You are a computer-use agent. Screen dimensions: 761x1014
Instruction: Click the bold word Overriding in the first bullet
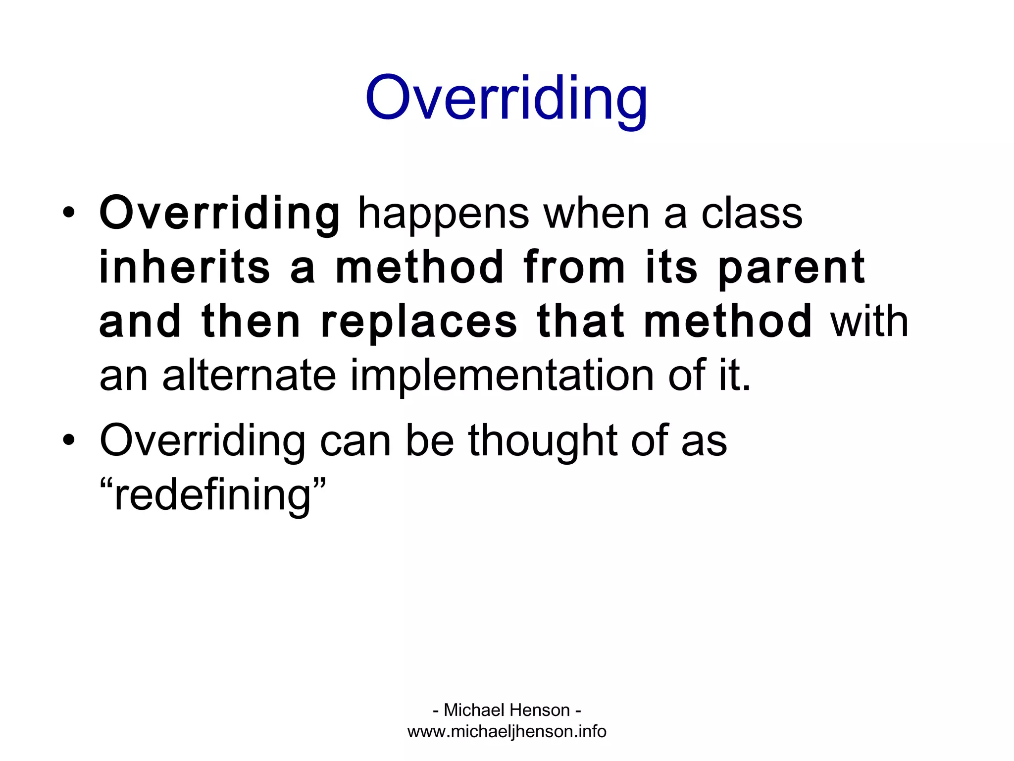[220, 214]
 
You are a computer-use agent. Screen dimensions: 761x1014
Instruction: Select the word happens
[443, 214]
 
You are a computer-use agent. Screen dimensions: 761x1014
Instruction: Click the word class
[752, 214]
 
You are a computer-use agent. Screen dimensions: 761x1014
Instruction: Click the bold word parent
[791, 269]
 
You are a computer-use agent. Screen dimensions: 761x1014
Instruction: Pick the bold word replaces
[419, 322]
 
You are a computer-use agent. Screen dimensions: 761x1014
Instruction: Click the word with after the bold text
[869, 322]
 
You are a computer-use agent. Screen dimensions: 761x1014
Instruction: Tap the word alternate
[250, 376]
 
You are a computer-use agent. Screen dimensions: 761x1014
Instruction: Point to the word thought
[543, 441]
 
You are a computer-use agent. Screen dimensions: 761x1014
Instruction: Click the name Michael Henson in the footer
[507, 710]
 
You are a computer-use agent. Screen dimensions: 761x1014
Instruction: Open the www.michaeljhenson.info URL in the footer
[507, 731]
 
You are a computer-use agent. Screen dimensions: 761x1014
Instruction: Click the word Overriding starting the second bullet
[203, 441]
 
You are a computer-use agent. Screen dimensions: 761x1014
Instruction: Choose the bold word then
[252, 322]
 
